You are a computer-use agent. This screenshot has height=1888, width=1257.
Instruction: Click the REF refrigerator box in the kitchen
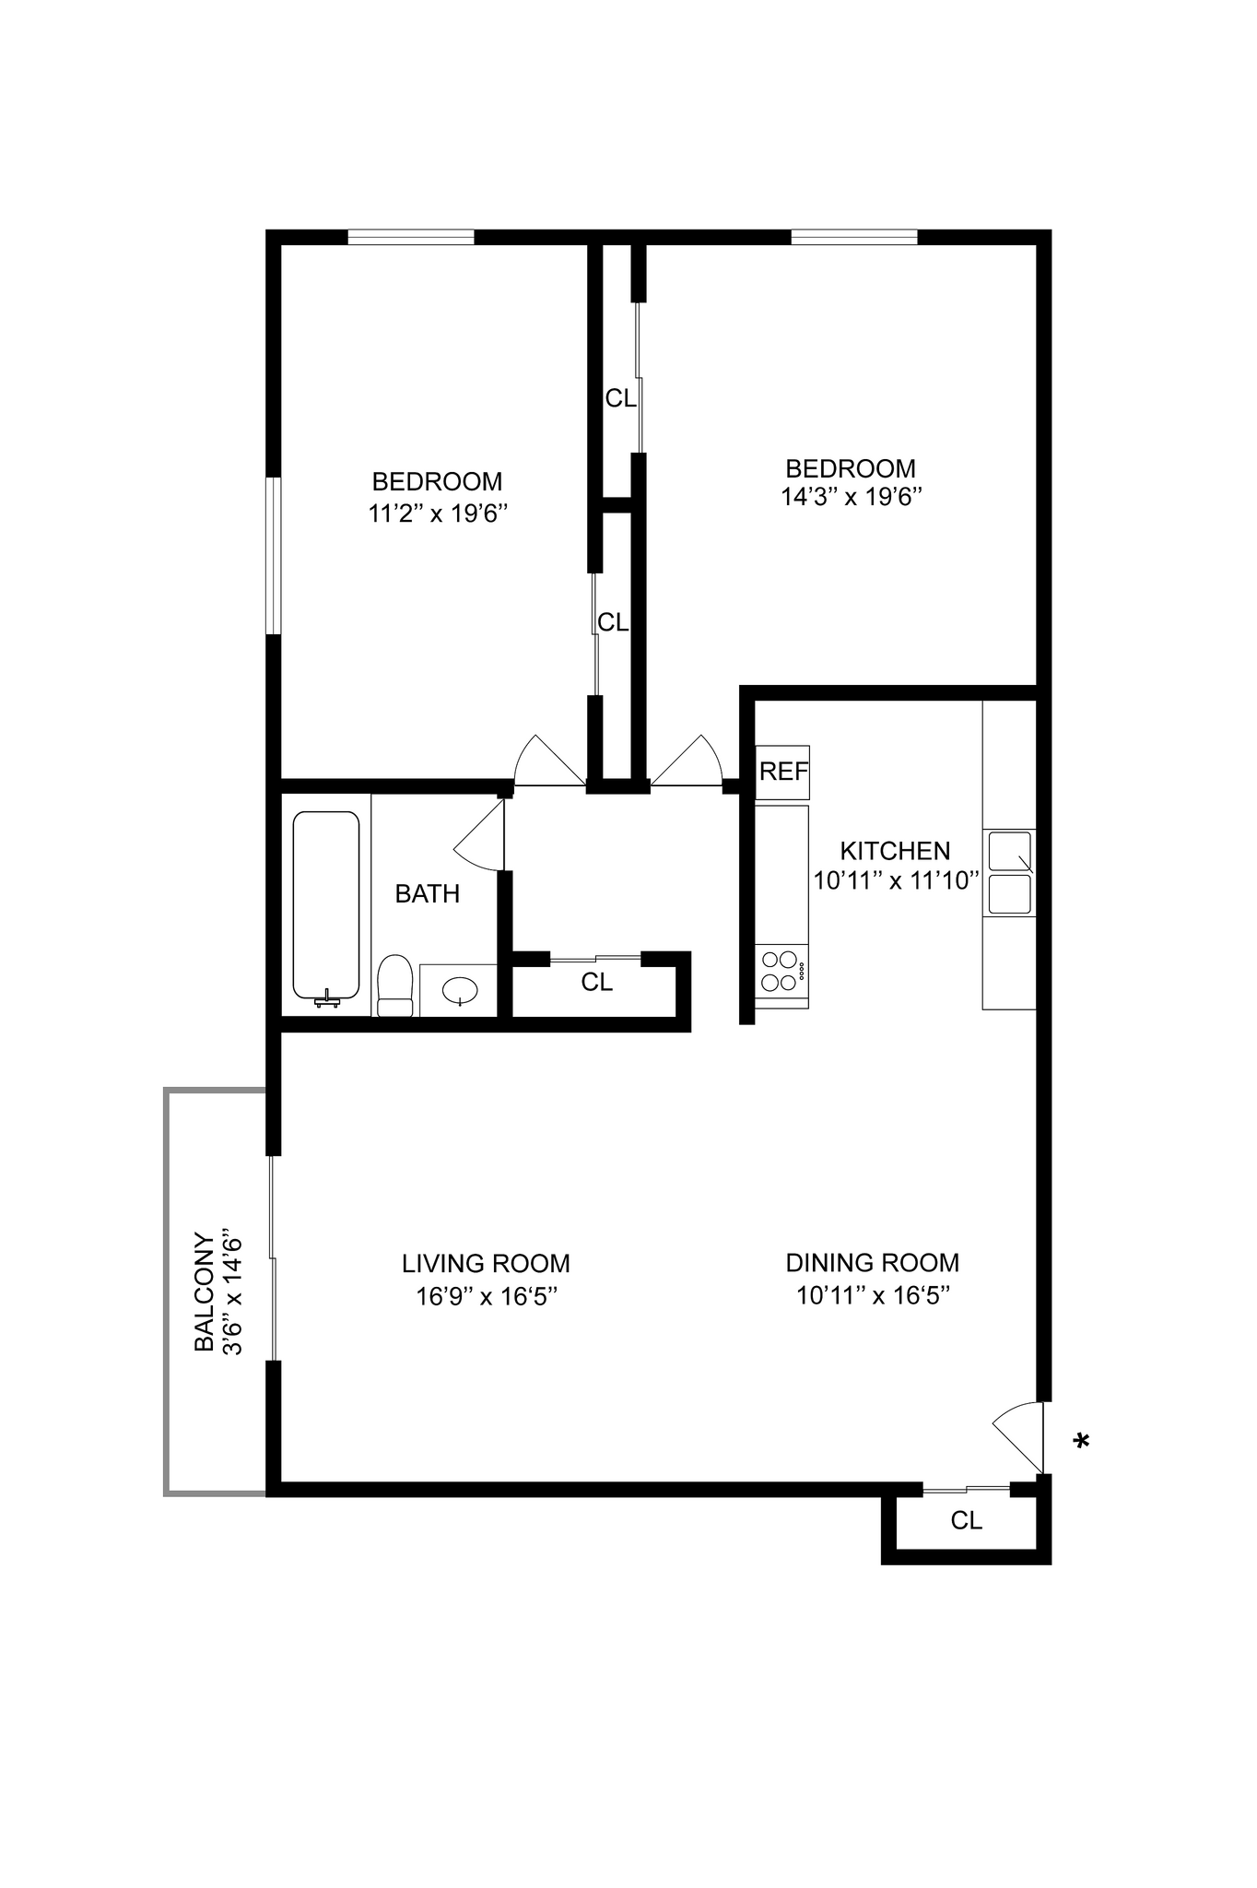click(782, 772)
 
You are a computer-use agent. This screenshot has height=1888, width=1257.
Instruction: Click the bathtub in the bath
click(325, 905)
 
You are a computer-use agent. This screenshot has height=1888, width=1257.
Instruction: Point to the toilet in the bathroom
click(394, 985)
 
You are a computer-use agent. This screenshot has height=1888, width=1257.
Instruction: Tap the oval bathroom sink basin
click(460, 992)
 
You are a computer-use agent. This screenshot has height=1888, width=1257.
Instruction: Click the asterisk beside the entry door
click(1081, 1441)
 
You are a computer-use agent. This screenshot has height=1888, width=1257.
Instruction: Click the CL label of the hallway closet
click(596, 983)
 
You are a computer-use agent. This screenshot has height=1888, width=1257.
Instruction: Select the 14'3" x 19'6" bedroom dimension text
click(851, 498)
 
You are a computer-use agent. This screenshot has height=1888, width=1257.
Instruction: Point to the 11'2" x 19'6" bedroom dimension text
click(438, 513)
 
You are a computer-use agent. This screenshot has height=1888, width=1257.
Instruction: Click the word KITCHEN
click(894, 850)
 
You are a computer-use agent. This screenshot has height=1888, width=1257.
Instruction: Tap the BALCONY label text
click(204, 1292)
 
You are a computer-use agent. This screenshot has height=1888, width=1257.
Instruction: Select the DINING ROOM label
click(872, 1262)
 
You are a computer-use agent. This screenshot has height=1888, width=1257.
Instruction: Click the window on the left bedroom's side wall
click(273, 555)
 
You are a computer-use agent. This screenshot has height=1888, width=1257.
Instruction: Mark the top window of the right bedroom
click(853, 237)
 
